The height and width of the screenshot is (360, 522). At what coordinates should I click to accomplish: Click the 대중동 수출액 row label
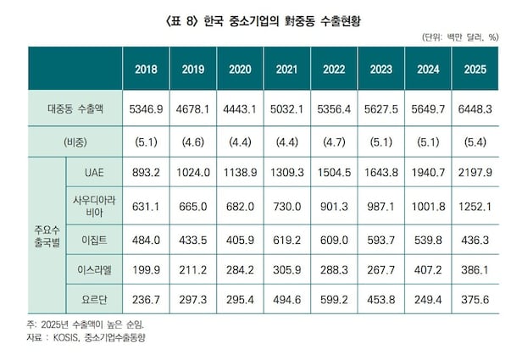tap(75, 109)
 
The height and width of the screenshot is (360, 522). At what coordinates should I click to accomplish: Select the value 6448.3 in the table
tap(475, 109)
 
